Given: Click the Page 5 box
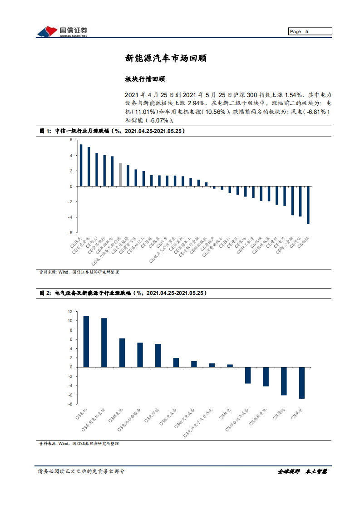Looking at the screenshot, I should tap(310, 31).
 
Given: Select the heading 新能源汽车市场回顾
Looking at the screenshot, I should tap(167, 59).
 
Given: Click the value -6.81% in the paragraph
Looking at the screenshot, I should tap(316, 112).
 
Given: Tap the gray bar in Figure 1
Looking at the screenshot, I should tap(120, 175).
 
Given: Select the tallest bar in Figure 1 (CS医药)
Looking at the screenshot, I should tap(81, 165).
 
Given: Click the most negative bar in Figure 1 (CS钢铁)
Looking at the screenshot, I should tap(308, 205).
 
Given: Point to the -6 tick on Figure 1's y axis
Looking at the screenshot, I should tap(71, 232).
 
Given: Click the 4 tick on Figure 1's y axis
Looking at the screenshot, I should tap(71, 155).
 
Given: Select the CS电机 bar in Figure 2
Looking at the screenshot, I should tap(86, 342).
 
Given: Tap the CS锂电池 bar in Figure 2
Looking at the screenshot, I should tap(122, 352).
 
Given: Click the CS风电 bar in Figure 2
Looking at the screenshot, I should tap(301, 383).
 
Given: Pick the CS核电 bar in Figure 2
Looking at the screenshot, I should tap(230, 366).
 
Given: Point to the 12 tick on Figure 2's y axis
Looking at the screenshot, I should tap(70, 312).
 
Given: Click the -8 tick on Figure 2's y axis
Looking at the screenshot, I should tap(70, 404).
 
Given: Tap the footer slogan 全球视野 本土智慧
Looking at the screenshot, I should tap(302, 471).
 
